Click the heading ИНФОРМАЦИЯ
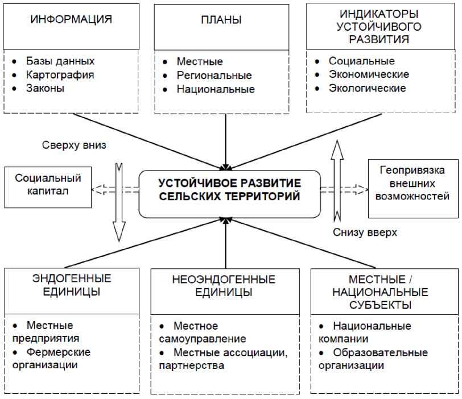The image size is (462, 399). tap(71, 19)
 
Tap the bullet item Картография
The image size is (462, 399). tap(60, 74)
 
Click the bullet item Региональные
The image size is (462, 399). tap(214, 75)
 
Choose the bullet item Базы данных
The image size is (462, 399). tap(60, 61)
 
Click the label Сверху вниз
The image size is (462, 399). tap(74, 145)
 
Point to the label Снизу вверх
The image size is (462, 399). tap(365, 232)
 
